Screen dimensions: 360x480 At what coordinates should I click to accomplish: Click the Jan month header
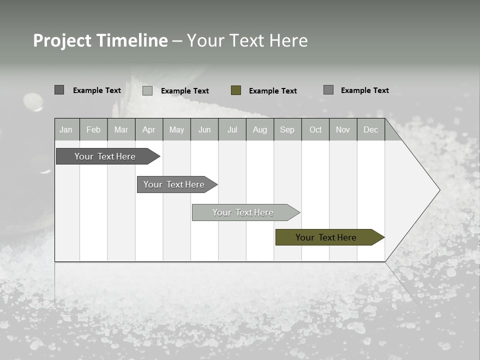[66, 129]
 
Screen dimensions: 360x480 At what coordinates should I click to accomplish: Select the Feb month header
[93, 129]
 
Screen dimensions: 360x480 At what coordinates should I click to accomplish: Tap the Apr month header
[149, 129]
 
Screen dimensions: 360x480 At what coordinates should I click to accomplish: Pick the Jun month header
[204, 129]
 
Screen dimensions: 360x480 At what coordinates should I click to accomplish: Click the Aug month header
[260, 129]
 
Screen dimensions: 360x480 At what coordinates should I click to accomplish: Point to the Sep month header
[287, 129]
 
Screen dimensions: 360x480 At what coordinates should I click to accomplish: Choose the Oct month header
[315, 129]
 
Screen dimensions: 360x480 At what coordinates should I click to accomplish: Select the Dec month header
[371, 129]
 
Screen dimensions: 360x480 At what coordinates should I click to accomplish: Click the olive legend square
[236, 90]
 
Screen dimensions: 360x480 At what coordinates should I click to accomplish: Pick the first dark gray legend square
[59, 90]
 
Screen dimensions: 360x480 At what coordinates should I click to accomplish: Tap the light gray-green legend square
[147, 90]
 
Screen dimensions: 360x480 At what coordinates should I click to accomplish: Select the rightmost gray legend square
[328, 90]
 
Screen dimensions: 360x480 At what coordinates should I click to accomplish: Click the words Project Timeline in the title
[100, 40]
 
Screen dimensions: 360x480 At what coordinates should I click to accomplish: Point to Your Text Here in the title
[247, 40]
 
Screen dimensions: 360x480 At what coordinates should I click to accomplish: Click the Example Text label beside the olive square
[273, 91]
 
